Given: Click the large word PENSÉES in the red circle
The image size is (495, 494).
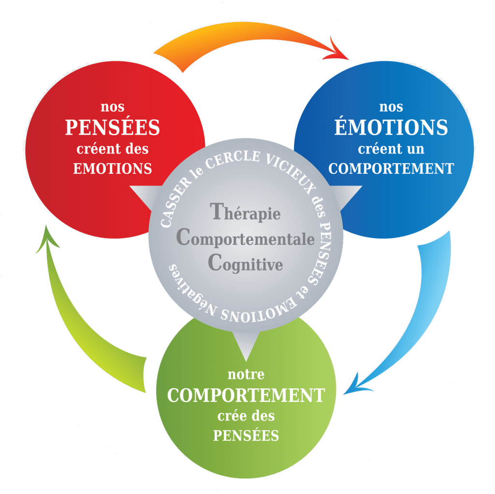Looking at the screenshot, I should point(112,127).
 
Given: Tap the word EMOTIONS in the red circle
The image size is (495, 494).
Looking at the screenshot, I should point(112,169).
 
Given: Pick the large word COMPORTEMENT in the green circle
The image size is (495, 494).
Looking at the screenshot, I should point(246,395).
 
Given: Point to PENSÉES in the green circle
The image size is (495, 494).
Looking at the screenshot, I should point(246,435).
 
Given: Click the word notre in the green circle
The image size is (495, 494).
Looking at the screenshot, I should point(246,374).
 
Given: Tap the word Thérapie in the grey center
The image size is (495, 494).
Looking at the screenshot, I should point(245,212).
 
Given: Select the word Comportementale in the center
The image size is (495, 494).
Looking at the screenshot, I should point(246,239).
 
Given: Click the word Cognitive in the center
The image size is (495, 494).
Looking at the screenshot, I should point(245,264).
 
